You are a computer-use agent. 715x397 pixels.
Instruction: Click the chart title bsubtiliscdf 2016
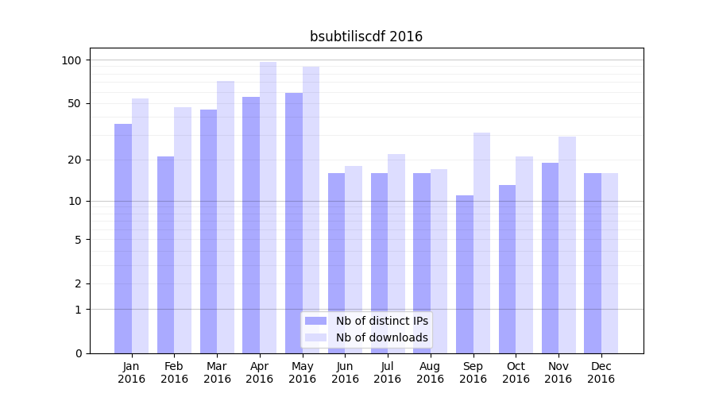click(x=365, y=37)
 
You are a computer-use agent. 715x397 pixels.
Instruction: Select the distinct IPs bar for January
click(x=123, y=238)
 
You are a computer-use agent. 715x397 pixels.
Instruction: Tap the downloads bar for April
click(x=269, y=207)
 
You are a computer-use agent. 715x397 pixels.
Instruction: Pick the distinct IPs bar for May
click(x=294, y=223)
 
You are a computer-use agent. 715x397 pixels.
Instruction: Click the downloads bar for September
click(x=481, y=243)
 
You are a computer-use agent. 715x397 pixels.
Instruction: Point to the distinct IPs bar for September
click(x=465, y=274)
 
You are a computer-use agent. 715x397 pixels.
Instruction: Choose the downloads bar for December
click(x=609, y=263)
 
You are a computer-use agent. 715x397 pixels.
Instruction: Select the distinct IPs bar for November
click(x=550, y=258)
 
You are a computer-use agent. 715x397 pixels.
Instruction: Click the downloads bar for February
click(x=183, y=230)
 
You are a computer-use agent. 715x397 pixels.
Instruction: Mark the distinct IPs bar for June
click(x=336, y=263)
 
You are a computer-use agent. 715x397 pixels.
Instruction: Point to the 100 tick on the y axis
click(x=71, y=60)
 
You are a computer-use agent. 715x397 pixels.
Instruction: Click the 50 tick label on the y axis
click(x=75, y=103)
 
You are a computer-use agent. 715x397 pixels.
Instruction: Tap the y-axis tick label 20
click(x=75, y=160)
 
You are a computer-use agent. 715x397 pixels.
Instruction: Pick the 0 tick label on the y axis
click(x=78, y=353)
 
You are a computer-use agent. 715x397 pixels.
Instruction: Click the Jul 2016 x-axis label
click(x=388, y=372)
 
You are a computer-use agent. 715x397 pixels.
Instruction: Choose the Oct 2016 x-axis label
click(x=516, y=372)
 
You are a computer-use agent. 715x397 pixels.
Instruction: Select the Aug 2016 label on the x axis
click(x=430, y=372)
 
